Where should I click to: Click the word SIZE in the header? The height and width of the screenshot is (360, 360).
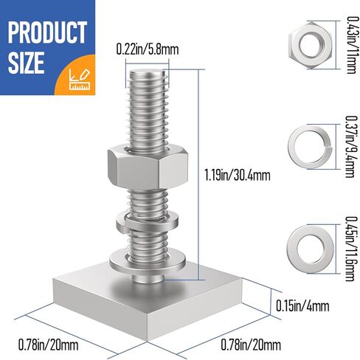tap(28, 63)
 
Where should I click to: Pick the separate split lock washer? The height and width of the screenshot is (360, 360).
tap(305, 137)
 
